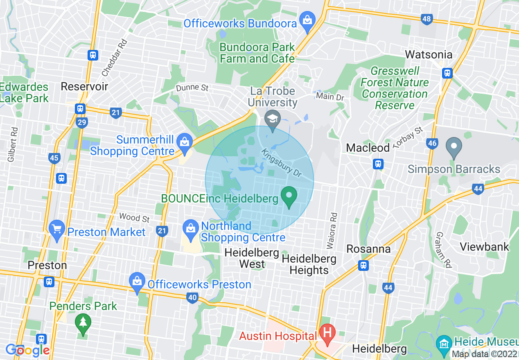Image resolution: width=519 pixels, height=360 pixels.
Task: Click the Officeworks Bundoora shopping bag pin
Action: (x=307, y=19)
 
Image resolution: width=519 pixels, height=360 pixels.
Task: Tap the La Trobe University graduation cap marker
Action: (x=273, y=119)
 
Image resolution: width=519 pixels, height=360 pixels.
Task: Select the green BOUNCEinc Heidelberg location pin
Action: (x=289, y=197)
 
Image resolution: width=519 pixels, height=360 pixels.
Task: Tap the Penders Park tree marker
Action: (x=83, y=323)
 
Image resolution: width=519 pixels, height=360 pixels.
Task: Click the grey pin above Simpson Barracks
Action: (x=454, y=148)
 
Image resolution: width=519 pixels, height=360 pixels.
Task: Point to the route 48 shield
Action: (x=426, y=19)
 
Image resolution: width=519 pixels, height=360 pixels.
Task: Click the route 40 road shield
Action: (x=192, y=297)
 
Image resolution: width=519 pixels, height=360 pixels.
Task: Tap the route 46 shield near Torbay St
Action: (x=432, y=143)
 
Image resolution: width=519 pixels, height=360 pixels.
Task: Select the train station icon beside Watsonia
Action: (x=447, y=73)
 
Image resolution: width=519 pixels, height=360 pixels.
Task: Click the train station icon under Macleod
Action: (x=378, y=164)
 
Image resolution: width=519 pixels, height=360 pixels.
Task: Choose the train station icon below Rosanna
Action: (x=363, y=265)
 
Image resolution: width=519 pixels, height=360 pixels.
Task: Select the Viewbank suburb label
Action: (x=484, y=247)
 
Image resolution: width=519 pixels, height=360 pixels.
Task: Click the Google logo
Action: (x=27, y=350)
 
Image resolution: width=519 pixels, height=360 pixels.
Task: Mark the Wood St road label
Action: (x=135, y=218)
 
